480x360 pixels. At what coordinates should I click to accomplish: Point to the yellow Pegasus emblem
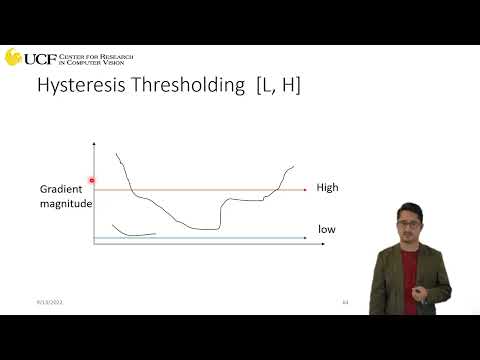(x=13, y=57)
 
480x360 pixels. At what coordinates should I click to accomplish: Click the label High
(x=328, y=187)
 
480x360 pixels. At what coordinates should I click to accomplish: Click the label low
(x=327, y=229)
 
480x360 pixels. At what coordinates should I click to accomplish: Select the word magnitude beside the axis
(x=66, y=204)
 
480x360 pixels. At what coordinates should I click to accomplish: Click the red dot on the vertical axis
(x=92, y=182)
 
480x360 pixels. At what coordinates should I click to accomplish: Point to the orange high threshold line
(x=200, y=189)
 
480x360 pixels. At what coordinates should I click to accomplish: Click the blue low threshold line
(x=200, y=238)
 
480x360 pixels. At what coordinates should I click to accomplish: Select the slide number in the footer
(x=345, y=301)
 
